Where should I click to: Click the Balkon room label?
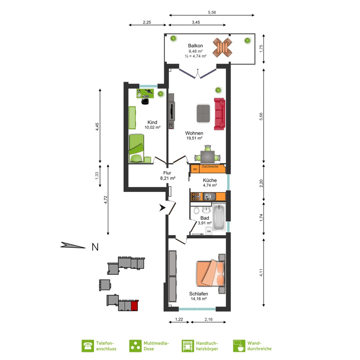click(x=195, y=46)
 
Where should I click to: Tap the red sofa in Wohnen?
click(x=219, y=114)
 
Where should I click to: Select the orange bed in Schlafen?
click(x=210, y=273)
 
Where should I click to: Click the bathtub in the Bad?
click(x=219, y=217)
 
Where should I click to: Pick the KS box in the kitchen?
click(x=195, y=169)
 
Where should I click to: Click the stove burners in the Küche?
click(x=196, y=197)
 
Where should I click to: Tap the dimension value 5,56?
click(x=212, y=12)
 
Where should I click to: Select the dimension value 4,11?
click(x=261, y=273)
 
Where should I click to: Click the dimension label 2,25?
click(x=147, y=22)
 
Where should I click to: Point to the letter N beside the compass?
click(x=95, y=247)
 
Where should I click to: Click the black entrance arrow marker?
click(x=162, y=208)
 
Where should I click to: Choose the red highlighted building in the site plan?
click(x=135, y=305)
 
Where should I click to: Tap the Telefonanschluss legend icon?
click(x=88, y=346)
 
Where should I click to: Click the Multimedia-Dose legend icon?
click(x=135, y=346)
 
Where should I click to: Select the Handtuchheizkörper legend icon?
click(x=188, y=346)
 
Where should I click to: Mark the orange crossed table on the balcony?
click(x=222, y=48)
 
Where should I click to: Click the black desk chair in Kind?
click(x=145, y=101)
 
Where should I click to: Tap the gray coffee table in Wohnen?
click(x=203, y=113)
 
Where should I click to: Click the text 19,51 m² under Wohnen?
click(x=194, y=138)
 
